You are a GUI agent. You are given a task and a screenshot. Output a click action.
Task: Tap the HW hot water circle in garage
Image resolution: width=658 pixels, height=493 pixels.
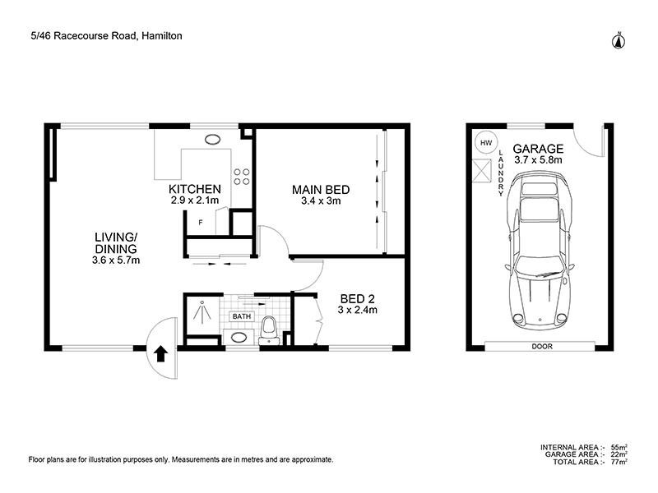point(486,143)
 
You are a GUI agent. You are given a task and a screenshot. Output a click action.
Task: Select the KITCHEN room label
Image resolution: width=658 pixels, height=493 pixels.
point(195,188)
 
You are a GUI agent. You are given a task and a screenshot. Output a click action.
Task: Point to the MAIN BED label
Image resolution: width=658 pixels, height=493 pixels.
point(321,190)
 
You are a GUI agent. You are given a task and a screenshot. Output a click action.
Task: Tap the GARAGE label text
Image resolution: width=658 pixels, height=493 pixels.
point(539,149)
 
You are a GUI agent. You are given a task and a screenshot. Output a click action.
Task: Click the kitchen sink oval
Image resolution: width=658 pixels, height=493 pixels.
point(213,140)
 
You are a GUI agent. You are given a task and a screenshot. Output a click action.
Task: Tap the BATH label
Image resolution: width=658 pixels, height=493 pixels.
point(241,316)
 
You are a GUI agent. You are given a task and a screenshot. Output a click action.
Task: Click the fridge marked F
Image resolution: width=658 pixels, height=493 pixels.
point(200,222)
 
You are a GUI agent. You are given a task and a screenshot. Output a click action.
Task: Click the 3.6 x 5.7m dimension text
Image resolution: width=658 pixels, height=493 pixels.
point(117,260)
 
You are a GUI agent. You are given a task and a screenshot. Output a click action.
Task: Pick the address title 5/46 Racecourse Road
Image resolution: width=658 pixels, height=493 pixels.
point(104,36)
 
